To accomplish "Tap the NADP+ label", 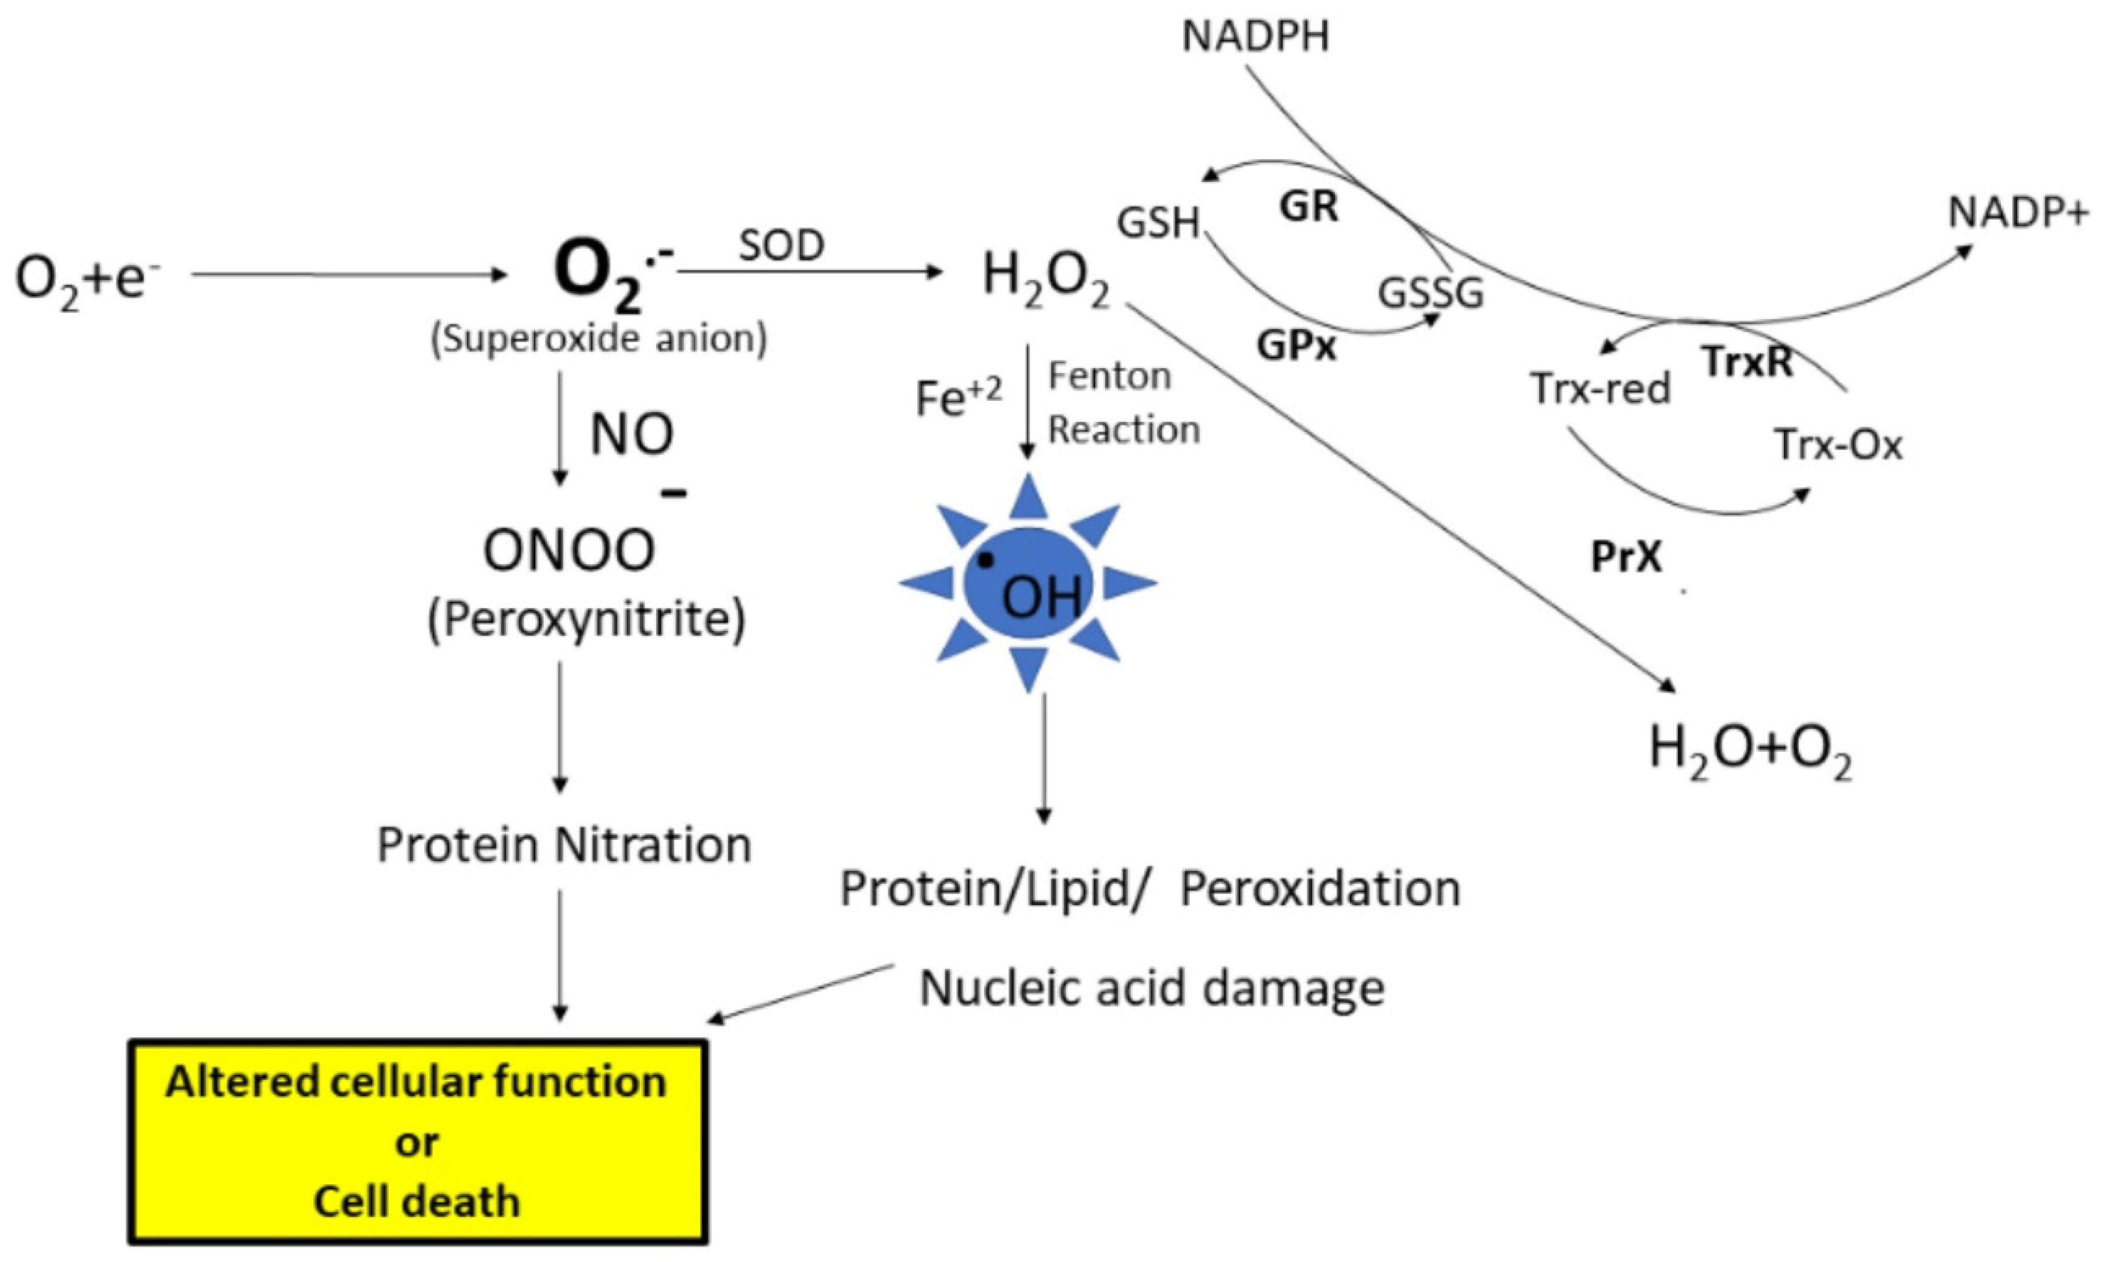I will pos(2018,213).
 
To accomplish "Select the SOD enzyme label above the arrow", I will pos(781,246).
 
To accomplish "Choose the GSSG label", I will pos(1430,294).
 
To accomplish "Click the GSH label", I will pos(1158,223).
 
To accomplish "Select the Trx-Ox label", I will pos(1838,444).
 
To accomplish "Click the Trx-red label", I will pos(1600,389).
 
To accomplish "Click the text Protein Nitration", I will pos(563,845).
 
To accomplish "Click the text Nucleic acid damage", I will pos(1151,988).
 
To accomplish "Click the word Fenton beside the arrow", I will pos(1110,376).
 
